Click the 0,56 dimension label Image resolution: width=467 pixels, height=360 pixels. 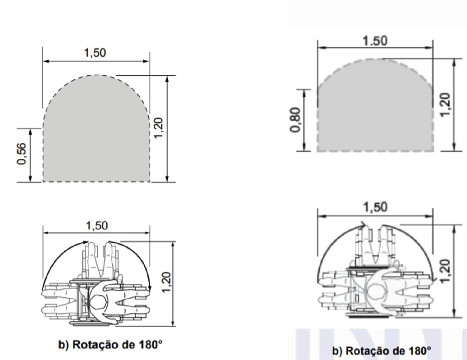[22, 154]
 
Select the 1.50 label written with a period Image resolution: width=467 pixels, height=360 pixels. [375, 41]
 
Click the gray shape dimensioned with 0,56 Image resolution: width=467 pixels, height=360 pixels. [96, 134]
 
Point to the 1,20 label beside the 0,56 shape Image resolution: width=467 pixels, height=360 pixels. [159, 128]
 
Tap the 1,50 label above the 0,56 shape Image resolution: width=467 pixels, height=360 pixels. [95, 53]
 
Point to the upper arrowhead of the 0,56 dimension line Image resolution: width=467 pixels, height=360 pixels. [30, 131]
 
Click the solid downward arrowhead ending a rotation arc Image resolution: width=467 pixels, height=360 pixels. [150, 288]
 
